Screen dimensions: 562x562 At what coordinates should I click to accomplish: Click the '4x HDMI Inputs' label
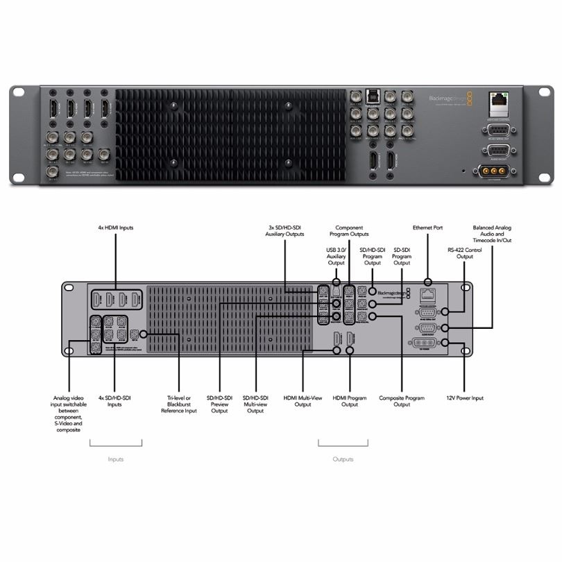[116, 228]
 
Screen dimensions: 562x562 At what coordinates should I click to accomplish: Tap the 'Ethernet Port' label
[427, 228]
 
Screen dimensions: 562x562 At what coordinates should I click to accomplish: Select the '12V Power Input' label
[464, 398]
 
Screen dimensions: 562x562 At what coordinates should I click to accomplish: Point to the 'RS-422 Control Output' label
[464, 253]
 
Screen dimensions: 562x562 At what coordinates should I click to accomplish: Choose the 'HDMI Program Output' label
[350, 401]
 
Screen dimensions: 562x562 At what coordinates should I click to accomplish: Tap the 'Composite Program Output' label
[402, 401]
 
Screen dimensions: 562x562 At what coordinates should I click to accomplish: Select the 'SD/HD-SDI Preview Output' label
[219, 405]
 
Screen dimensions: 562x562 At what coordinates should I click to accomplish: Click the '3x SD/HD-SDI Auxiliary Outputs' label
[284, 231]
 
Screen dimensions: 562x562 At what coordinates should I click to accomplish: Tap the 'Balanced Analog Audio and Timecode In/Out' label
[492, 235]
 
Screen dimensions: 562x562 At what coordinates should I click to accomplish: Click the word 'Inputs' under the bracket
[116, 459]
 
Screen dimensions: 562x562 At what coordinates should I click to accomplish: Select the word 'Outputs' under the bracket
[343, 459]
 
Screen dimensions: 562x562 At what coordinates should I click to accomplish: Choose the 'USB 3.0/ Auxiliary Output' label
[336, 257]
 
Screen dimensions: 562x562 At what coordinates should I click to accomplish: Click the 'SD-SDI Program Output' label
[402, 256]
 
